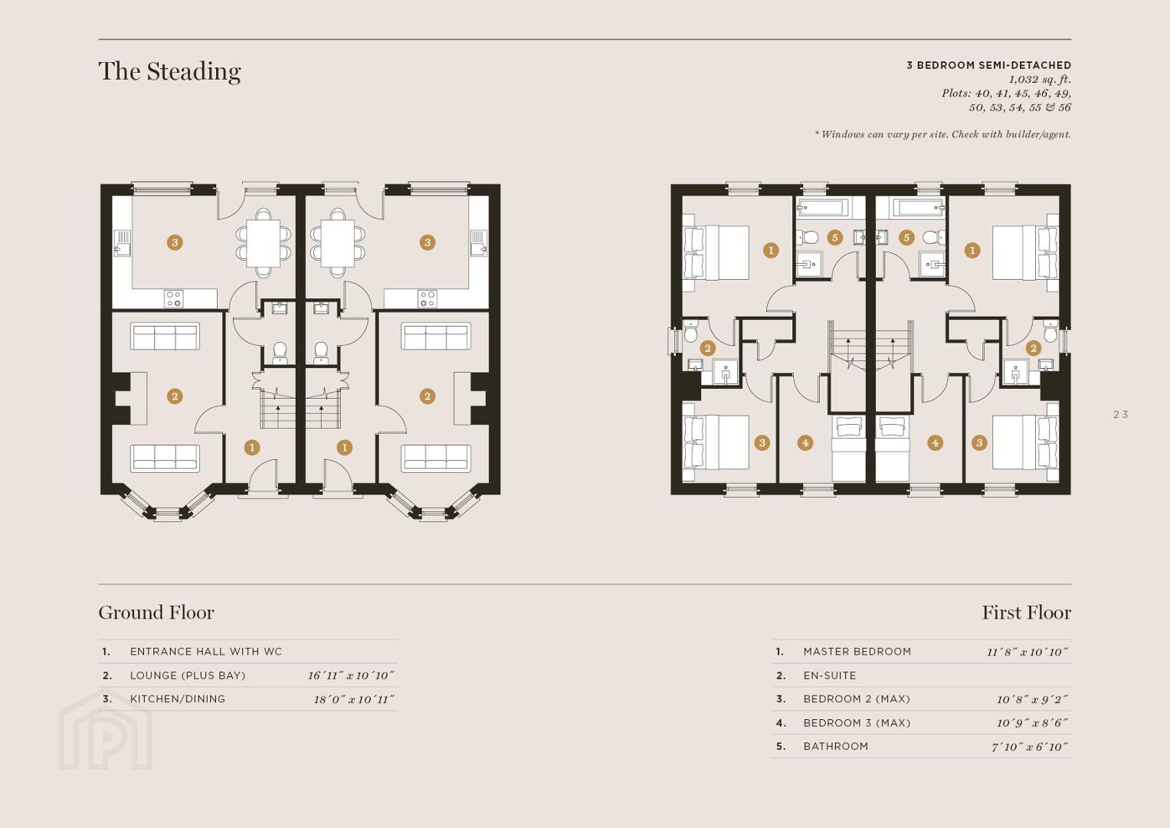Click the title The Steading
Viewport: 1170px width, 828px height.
(x=170, y=71)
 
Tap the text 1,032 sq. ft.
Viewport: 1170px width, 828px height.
(x=1040, y=80)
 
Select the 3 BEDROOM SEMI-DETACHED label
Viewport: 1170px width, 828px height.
(x=988, y=65)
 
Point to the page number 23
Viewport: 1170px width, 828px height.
(x=1120, y=415)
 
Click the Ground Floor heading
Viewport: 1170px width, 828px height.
(x=156, y=612)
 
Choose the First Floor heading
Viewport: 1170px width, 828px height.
(x=1027, y=612)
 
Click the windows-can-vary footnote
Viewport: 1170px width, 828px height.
(x=942, y=134)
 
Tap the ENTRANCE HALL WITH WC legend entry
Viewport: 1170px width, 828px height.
(x=206, y=652)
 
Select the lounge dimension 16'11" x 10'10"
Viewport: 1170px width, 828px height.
(x=350, y=675)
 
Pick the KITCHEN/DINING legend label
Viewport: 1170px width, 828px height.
(x=178, y=699)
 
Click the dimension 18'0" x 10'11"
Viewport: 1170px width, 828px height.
(x=354, y=699)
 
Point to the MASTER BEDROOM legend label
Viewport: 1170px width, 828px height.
(x=857, y=652)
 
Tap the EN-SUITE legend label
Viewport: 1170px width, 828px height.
(x=830, y=675)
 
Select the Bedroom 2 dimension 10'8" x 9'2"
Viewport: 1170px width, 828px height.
(x=1032, y=699)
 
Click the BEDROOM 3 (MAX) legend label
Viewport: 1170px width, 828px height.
(x=857, y=723)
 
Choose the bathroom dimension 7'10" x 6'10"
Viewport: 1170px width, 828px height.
(x=1030, y=747)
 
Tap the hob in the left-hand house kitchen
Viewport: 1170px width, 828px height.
(x=173, y=299)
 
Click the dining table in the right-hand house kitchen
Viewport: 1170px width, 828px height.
(x=337, y=243)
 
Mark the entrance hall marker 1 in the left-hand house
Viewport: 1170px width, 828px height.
(x=252, y=448)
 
